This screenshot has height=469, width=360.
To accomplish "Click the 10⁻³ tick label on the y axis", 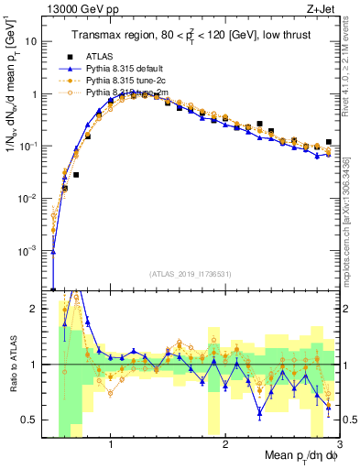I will (x=32, y=250).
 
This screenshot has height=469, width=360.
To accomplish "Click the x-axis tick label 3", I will (x=338, y=445).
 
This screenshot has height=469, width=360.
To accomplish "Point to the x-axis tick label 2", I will (x=225, y=445).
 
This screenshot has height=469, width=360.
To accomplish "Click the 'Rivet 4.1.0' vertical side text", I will (x=351, y=73).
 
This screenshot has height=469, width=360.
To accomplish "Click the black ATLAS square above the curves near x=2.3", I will (x=259, y=124).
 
